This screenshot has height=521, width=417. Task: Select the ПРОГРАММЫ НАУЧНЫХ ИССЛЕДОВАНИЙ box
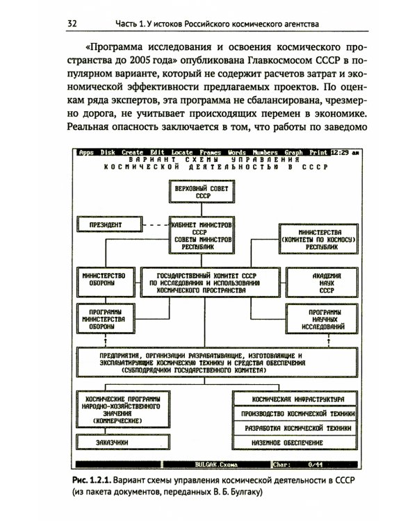(x=313, y=318)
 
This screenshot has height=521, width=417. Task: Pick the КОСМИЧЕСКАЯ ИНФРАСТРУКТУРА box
(x=298, y=400)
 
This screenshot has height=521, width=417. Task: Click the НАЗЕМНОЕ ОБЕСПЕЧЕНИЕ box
(x=298, y=443)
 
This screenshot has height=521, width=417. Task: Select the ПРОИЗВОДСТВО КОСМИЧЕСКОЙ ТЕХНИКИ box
(x=298, y=414)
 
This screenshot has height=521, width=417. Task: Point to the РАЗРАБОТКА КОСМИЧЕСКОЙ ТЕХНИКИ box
(x=298, y=429)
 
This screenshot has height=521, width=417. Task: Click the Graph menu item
(x=293, y=153)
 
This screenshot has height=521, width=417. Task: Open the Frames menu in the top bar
(x=211, y=153)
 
